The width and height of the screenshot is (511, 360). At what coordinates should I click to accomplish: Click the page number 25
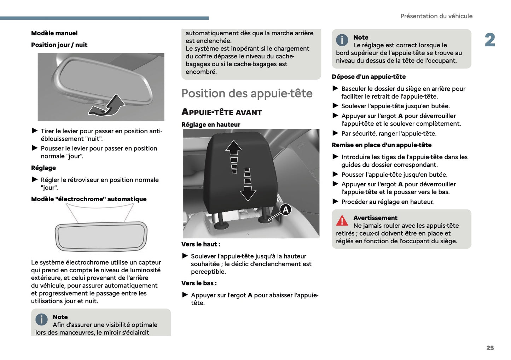pos(490,348)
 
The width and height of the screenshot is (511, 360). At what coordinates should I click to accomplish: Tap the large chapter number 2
pos(490,40)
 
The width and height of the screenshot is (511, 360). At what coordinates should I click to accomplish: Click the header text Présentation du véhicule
pos(436,16)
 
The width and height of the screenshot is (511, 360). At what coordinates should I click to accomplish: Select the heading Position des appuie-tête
pos(247,93)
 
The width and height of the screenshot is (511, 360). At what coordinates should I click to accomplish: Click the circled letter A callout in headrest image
pos(285,210)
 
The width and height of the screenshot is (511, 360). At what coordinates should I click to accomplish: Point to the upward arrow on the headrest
pos(233,148)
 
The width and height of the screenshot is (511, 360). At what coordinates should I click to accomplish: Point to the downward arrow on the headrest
pos(248,192)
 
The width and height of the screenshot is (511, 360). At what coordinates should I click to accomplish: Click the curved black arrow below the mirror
pos(107,106)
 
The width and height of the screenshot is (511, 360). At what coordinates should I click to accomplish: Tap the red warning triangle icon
pos(342,221)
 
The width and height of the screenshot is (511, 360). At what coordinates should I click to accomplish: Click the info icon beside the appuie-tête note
pos(342,40)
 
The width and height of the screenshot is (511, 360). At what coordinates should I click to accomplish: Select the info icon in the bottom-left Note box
pos(41,320)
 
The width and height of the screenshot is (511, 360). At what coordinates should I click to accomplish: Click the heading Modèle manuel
pos(54,33)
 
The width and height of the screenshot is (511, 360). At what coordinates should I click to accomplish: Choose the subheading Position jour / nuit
pos(59,45)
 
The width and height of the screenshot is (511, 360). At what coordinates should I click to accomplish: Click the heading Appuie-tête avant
pos(222,112)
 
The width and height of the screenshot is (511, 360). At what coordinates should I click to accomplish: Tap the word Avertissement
pos(375,218)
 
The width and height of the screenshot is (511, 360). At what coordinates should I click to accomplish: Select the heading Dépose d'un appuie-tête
pos(368,77)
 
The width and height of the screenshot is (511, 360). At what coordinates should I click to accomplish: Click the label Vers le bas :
pos(199,283)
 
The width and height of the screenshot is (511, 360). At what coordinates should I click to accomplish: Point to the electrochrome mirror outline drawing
pos(101,236)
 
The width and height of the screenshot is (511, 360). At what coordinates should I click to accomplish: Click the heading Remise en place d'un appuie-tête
pos(381,145)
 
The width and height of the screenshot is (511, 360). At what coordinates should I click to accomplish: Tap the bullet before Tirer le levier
pos(35,131)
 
